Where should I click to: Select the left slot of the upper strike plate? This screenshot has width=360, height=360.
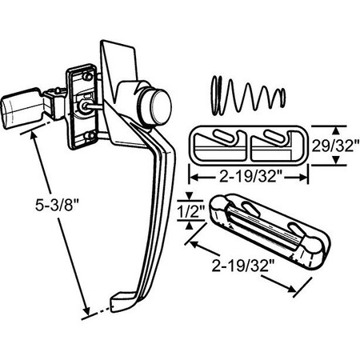pyautogui.click(x=218, y=143)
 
